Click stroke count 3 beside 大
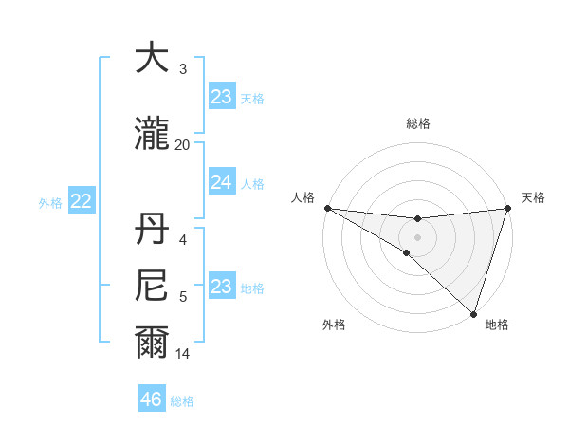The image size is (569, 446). [x=182, y=69]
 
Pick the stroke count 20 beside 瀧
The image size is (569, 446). [x=182, y=145]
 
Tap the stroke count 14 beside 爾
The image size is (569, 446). [x=183, y=354]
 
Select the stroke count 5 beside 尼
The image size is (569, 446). [x=183, y=297]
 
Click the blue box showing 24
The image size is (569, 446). [x=221, y=182]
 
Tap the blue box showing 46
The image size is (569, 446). [x=152, y=400]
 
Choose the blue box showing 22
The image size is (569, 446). [x=82, y=201]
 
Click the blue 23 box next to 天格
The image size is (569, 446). [x=221, y=97]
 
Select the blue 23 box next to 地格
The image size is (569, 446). [x=221, y=287]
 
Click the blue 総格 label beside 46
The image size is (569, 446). [x=182, y=401]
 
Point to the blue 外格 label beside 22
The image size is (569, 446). [x=50, y=202]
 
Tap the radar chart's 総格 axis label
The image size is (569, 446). [x=418, y=123]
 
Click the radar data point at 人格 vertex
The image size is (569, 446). [x=327, y=207]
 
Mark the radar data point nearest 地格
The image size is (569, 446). [x=473, y=313]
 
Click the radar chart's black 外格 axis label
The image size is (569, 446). [x=334, y=325]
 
